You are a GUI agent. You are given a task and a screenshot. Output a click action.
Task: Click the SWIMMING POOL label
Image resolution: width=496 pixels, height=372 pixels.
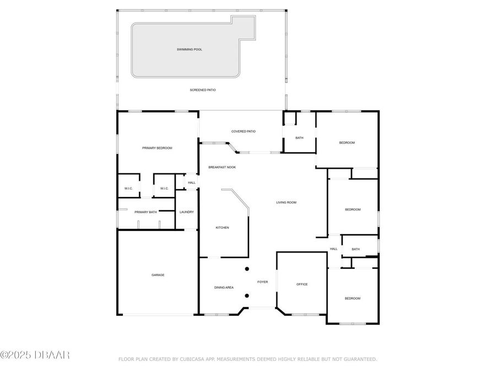[x=189, y=50]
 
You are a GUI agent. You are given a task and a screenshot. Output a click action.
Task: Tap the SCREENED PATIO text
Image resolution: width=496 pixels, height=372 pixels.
[x=203, y=89]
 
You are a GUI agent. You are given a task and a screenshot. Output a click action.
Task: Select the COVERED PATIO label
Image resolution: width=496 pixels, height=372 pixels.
[x=243, y=131]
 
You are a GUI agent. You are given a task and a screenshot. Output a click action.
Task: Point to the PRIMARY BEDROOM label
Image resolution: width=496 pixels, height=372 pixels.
[x=157, y=148]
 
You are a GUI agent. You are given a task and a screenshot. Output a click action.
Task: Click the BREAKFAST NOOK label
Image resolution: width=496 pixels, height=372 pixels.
[x=222, y=167]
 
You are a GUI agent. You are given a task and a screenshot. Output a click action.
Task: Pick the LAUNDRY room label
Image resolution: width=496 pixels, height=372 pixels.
[x=187, y=212]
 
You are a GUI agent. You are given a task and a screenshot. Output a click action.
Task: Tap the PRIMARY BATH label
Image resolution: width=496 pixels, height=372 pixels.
[x=145, y=212]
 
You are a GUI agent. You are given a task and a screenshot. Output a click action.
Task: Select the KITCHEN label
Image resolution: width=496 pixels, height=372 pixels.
[x=222, y=228]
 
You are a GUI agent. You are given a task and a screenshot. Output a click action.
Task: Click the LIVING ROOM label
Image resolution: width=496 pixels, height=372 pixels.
[x=286, y=202]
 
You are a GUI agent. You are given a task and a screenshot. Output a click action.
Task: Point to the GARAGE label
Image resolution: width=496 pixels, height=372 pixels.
[x=158, y=274]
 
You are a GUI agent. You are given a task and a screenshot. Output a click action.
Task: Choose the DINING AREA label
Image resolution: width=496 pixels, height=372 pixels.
[x=224, y=287]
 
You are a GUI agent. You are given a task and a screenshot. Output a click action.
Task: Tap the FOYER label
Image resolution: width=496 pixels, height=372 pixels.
[x=263, y=282]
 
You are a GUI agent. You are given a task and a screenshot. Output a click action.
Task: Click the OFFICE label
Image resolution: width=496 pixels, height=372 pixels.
[x=302, y=284]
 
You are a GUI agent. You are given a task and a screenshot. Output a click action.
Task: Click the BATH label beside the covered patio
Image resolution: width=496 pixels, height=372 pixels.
[x=299, y=138]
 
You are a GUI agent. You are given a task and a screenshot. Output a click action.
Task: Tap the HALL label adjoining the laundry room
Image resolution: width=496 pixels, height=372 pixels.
[x=192, y=182]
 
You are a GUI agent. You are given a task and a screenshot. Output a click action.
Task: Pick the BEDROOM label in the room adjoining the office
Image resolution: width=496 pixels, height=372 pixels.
[x=352, y=298]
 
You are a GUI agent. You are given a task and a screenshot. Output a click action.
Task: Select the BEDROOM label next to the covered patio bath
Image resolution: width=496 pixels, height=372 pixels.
[x=347, y=143]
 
